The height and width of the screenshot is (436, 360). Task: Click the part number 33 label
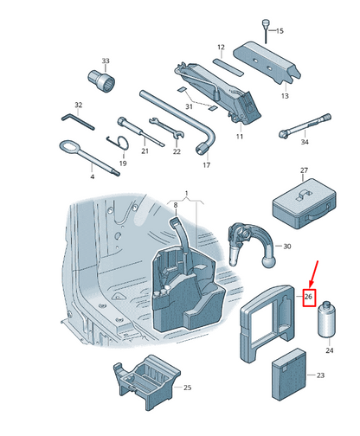(106, 61)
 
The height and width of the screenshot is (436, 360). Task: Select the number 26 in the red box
(307, 298)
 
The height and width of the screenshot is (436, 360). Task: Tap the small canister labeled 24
(328, 321)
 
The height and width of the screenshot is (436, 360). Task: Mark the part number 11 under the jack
(240, 137)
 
